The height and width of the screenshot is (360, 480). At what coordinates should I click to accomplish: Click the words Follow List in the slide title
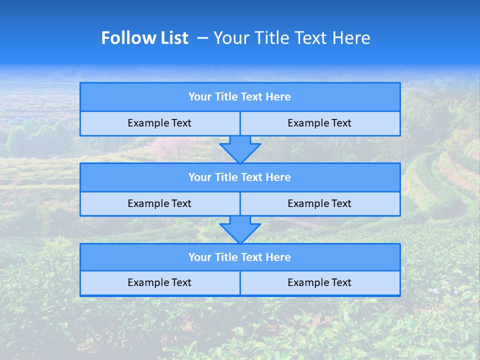tap(144, 38)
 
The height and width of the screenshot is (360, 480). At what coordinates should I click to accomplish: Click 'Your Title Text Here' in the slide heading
tap(291, 38)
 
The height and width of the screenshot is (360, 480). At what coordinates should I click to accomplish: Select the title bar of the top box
tap(240, 97)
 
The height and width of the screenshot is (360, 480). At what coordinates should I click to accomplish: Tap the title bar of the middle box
tap(240, 177)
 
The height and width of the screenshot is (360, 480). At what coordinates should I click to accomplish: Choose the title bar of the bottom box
tap(240, 257)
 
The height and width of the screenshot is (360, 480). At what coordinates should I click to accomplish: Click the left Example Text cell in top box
tap(159, 123)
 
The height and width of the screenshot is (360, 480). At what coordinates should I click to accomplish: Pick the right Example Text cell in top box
tap(319, 123)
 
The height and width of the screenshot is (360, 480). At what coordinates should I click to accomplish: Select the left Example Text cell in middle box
tap(159, 204)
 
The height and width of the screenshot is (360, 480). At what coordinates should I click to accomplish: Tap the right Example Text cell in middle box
tap(319, 204)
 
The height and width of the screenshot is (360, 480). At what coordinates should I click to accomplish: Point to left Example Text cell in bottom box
tap(159, 283)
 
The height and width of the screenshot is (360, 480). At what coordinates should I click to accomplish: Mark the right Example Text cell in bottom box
tap(319, 283)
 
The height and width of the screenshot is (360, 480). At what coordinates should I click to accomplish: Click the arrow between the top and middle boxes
tap(240, 149)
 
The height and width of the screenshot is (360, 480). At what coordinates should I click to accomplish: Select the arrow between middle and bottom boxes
tap(240, 230)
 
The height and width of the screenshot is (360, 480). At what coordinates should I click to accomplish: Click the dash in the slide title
tap(202, 38)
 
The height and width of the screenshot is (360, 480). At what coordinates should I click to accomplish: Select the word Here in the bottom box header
tap(278, 257)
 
